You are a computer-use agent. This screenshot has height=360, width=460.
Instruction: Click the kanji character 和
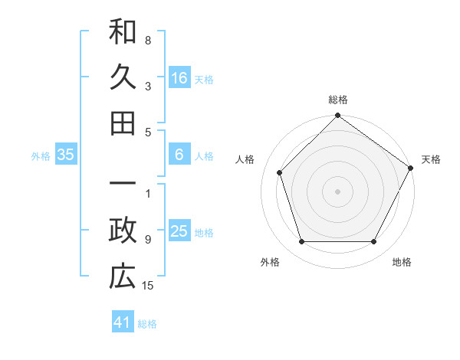coord(123,32)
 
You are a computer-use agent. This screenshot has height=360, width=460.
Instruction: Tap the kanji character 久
coord(123,77)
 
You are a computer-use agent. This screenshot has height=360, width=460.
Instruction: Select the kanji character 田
coord(123,123)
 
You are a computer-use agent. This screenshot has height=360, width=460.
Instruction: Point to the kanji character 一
coord(123,186)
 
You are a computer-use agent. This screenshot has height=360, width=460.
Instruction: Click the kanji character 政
coord(123,231)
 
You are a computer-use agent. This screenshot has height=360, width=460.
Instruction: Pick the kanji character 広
coord(123,277)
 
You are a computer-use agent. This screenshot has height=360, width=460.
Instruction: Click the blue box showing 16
coord(179,77)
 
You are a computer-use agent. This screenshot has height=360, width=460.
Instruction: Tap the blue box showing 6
coord(179,155)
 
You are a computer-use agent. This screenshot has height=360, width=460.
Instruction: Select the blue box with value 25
coord(179,231)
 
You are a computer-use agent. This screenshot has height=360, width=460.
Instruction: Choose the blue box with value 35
coord(66,155)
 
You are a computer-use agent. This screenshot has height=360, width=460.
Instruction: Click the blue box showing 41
coord(123,322)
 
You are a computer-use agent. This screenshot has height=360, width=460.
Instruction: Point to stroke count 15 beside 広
coord(149,286)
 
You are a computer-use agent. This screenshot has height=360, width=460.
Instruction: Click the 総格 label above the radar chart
coord(337,100)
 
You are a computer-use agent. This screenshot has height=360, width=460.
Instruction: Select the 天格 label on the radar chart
coord(431,159)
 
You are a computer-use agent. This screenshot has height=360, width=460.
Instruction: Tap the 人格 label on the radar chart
coord(245,159)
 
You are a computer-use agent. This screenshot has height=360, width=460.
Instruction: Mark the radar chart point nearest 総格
coord(337,116)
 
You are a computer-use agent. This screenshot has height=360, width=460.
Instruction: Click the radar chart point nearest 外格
coord(301,242)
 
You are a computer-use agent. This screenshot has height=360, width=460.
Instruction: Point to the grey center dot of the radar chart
coord(337,191)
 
